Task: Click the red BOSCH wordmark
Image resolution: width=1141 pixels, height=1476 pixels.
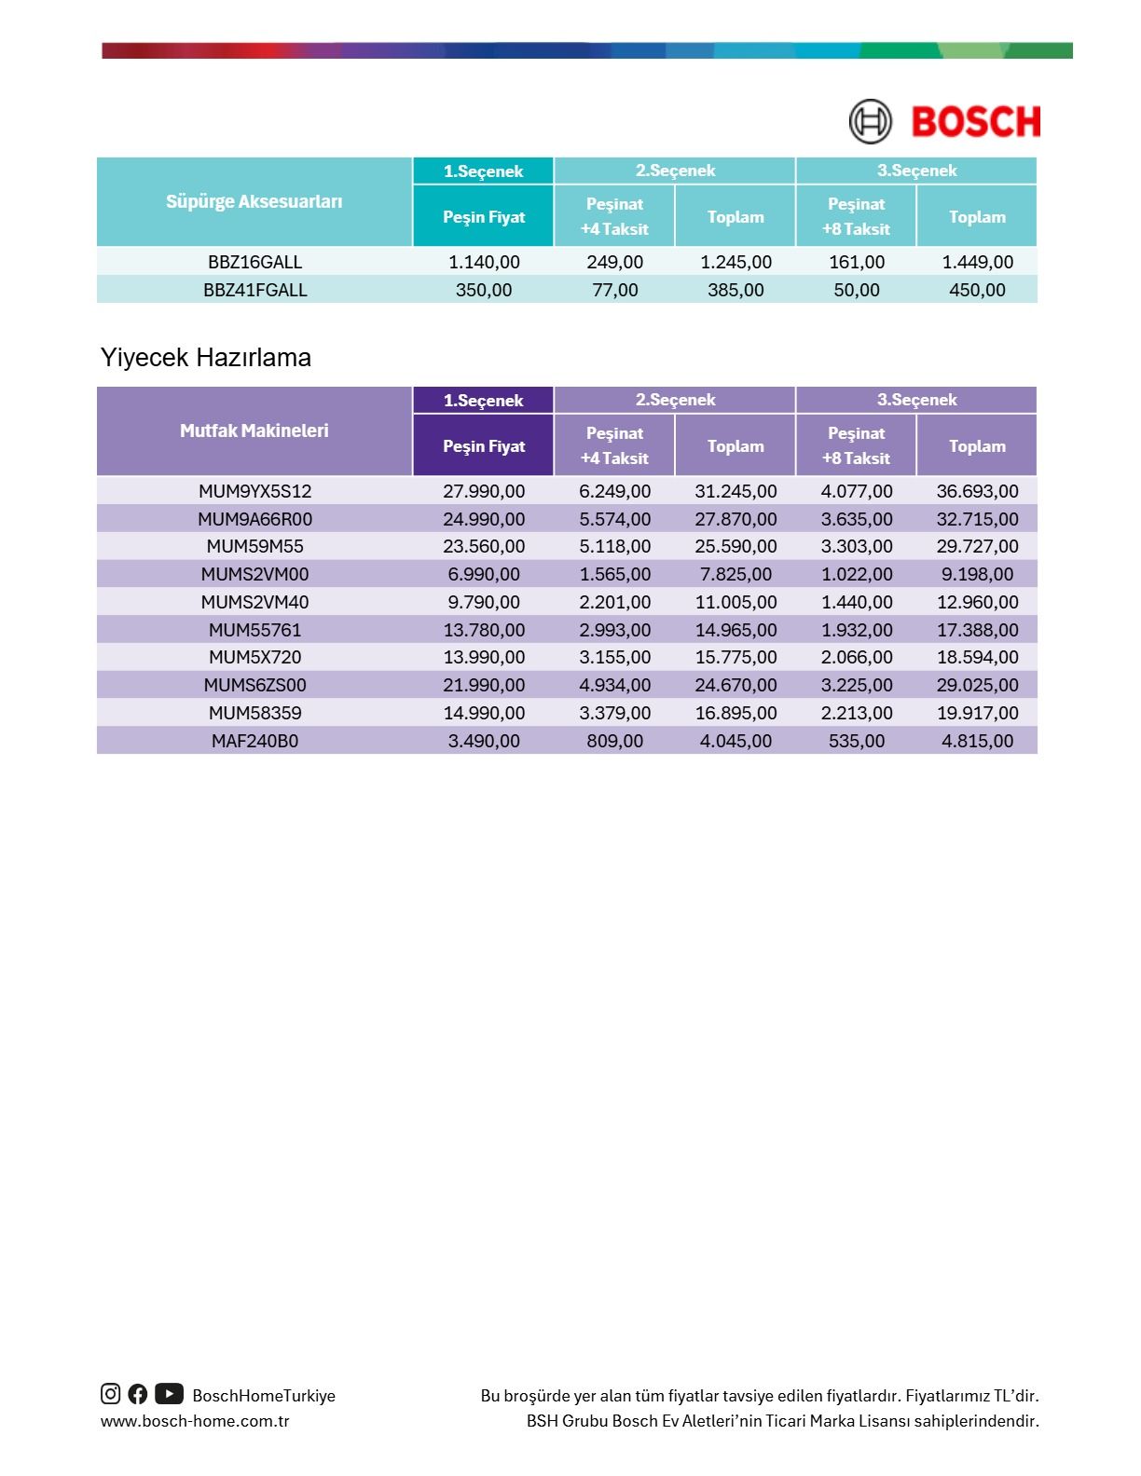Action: pos(975,122)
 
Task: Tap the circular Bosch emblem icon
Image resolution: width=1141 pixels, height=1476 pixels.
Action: pos(870,122)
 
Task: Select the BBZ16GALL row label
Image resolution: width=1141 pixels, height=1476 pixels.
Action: pos(254,262)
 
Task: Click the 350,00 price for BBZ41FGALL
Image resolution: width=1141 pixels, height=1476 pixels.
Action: pos(483,290)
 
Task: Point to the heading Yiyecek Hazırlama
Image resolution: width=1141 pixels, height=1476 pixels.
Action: pos(206,358)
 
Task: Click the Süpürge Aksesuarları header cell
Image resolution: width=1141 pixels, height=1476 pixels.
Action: pos(254,201)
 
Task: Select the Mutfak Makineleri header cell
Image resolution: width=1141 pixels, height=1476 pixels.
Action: pos(254,430)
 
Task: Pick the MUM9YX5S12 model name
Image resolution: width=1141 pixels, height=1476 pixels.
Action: pos(254,491)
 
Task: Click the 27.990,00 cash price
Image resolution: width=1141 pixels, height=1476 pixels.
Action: pos(483,491)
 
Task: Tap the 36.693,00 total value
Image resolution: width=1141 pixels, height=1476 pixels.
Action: pos(977,491)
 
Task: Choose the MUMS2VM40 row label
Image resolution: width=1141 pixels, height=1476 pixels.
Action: pos(254,602)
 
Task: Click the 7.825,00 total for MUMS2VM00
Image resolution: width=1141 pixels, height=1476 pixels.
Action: pos(735,574)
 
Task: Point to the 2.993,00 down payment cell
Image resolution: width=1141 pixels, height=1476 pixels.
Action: pos(614,630)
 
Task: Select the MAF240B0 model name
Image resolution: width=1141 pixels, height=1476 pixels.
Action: pos(254,741)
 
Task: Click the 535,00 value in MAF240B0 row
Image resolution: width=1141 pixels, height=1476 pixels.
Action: pos(856,741)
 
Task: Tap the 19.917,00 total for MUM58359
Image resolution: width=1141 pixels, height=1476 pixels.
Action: pos(977,713)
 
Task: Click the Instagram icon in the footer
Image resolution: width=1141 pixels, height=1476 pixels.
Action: pos(110,1394)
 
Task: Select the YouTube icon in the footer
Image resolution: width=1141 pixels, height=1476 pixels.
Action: pos(169,1394)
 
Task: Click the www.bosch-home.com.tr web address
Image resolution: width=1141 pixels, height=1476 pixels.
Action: pos(195,1421)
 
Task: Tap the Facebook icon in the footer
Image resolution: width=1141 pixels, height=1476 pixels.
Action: pos(138,1394)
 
